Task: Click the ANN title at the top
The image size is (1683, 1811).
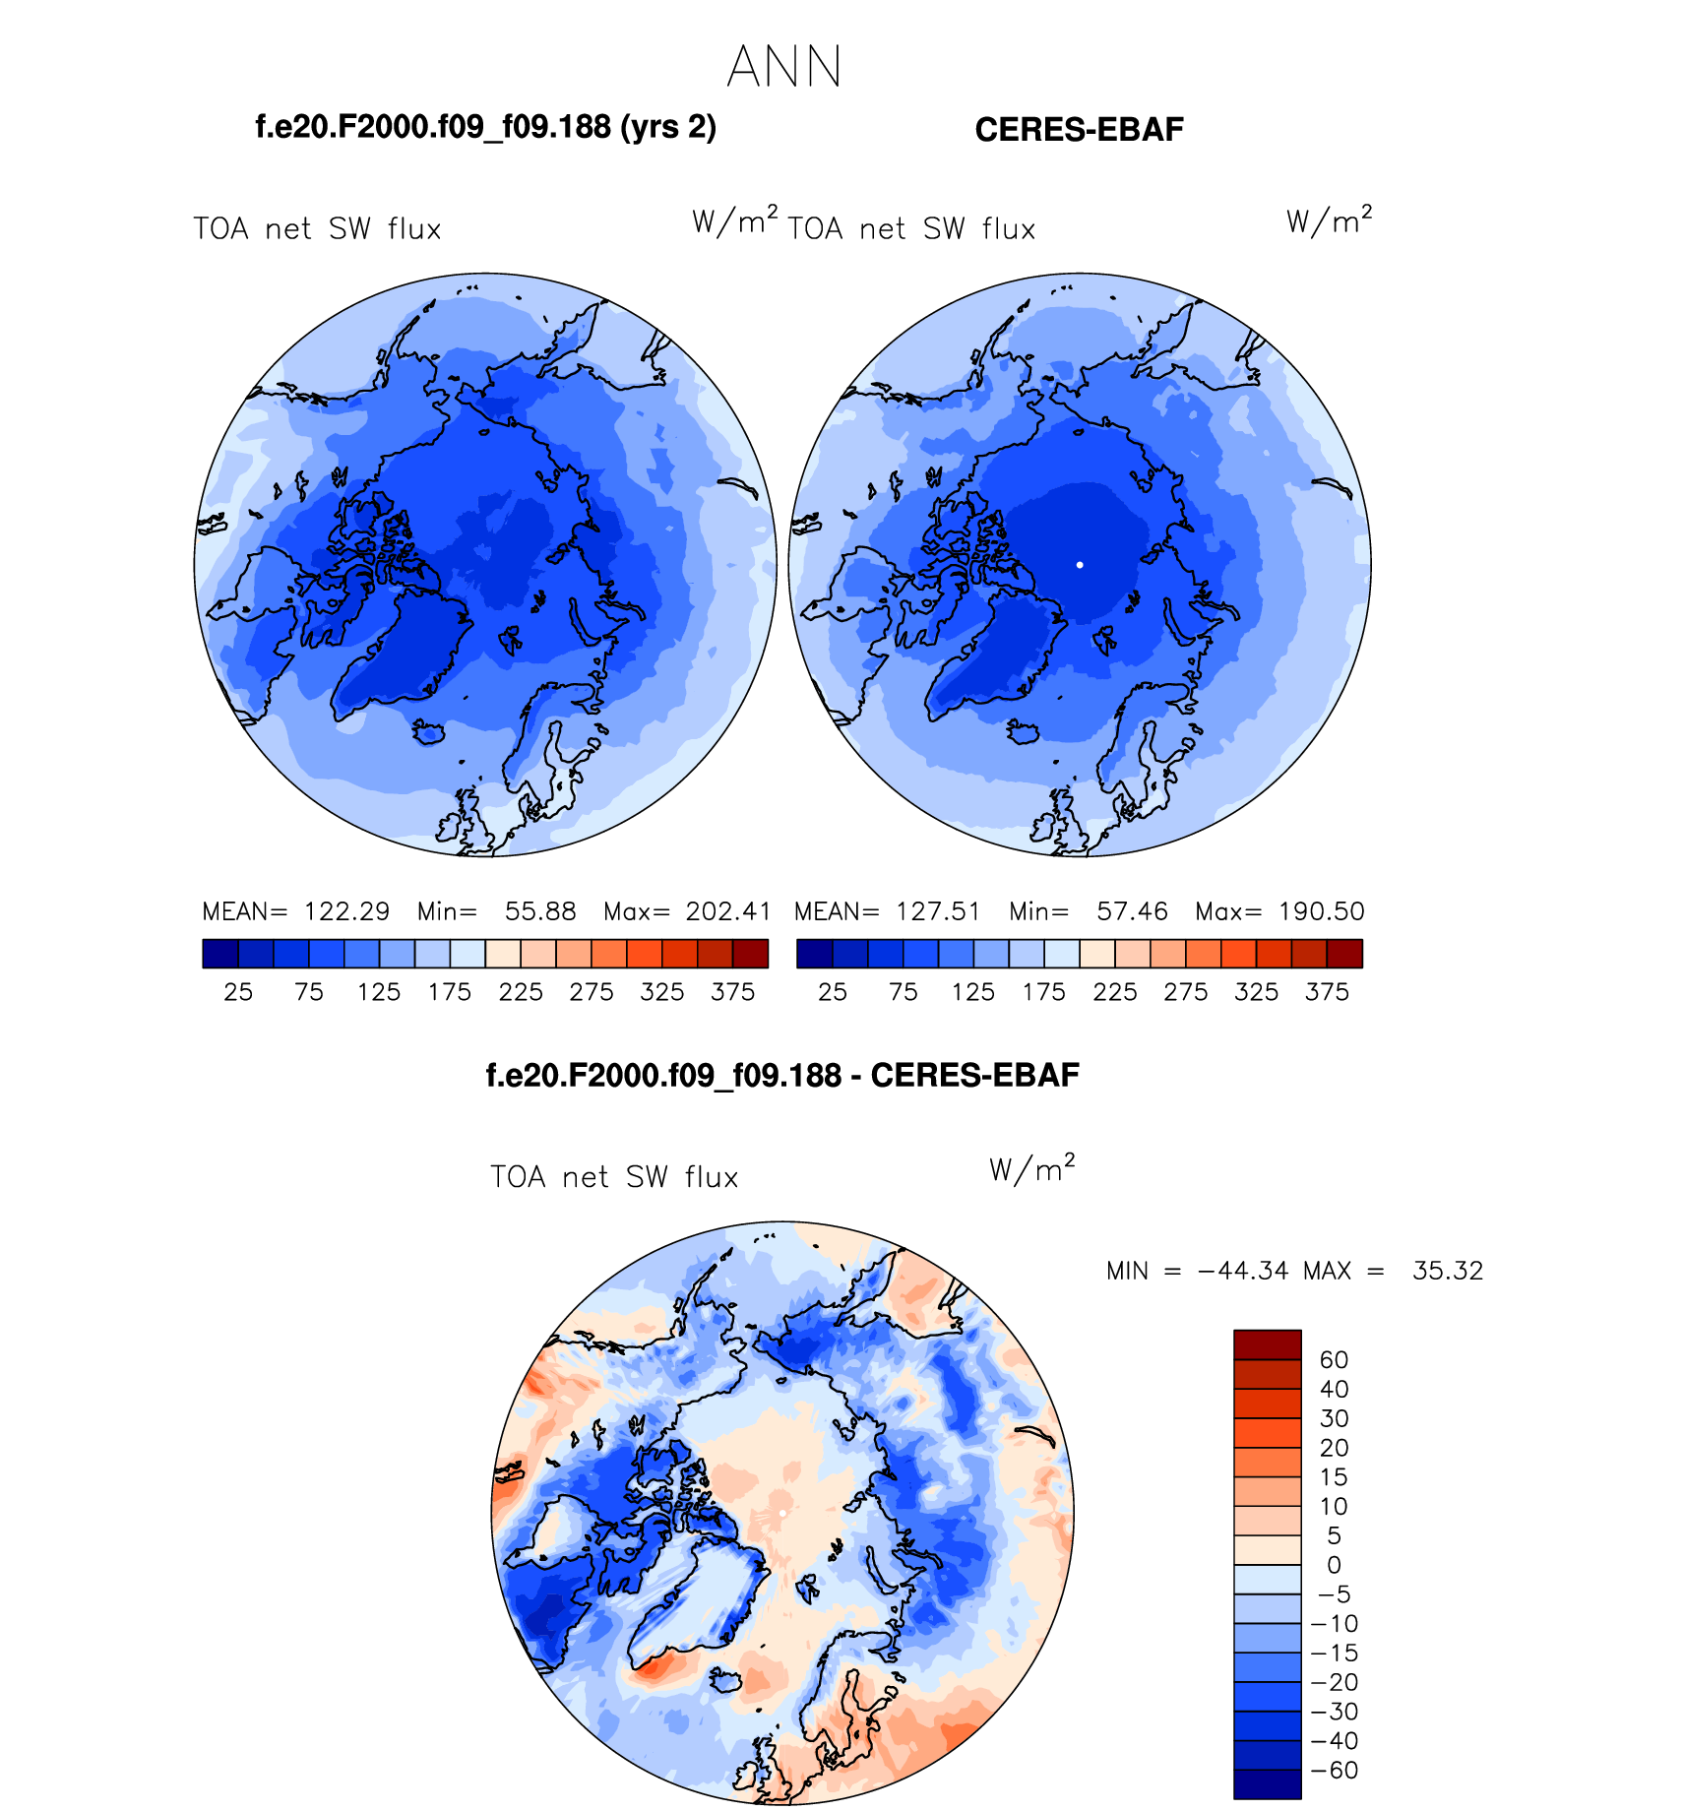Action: coord(784,67)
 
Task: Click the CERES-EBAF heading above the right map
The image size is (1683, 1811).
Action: coord(1079,130)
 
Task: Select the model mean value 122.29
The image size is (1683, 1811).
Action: coord(346,911)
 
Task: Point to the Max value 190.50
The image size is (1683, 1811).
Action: coord(1321,911)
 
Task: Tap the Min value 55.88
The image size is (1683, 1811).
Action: coord(540,911)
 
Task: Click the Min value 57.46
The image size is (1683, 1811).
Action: coord(1132,911)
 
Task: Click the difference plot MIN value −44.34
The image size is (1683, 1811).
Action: coord(1243,1271)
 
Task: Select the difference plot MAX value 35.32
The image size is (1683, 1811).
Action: coord(1447,1271)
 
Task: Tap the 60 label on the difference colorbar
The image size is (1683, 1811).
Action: coord(1334,1360)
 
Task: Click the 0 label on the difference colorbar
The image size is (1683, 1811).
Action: coord(1334,1565)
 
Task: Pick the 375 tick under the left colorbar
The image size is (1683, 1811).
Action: coord(733,992)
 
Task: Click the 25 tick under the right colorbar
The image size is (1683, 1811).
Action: coord(833,992)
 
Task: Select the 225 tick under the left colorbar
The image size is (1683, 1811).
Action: coord(521,992)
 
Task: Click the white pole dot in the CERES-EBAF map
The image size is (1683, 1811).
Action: coord(1080,565)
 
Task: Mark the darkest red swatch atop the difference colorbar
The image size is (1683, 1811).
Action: coord(1268,1344)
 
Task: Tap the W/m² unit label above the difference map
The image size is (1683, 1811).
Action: coord(1031,1168)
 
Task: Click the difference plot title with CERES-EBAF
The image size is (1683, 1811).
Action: coord(782,1075)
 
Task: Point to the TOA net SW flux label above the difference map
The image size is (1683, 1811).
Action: coord(614,1177)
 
